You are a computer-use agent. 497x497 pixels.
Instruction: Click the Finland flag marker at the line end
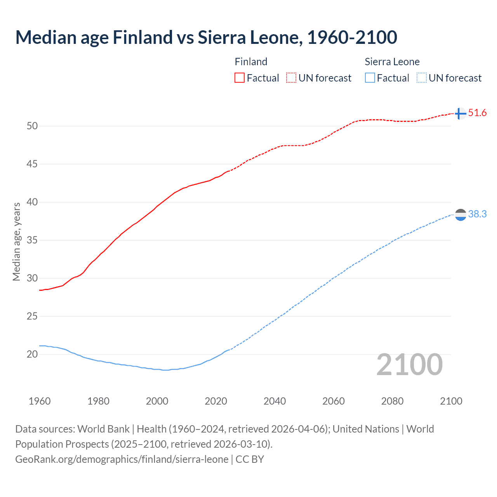(460, 113)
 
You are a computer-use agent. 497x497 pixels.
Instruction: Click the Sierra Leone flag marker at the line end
(460, 215)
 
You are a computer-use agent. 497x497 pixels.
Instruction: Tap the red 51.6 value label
(477, 113)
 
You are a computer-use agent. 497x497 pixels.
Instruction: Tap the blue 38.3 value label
(477, 214)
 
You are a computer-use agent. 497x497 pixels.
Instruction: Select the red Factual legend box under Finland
(240, 78)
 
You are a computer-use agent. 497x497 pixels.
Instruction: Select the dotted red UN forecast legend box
(291, 78)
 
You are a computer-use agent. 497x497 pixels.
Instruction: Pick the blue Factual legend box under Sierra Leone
(370, 78)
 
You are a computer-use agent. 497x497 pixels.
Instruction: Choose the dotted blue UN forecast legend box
(421, 78)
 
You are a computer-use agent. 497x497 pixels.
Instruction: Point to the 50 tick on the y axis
(32, 126)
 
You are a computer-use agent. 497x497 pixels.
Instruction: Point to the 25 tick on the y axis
(32, 316)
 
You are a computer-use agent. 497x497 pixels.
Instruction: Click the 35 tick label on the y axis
(32, 240)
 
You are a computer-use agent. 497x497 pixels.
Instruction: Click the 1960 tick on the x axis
(40, 401)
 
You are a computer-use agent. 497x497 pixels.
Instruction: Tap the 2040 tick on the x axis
(275, 401)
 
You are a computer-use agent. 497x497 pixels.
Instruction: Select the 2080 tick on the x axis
(392, 401)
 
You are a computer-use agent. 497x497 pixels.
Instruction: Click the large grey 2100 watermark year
(409, 365)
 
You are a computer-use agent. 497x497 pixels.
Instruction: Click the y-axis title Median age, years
(16, 242)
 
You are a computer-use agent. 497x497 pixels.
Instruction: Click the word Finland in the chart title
(142, 38)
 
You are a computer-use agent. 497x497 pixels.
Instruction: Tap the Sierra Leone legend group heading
(392, 62)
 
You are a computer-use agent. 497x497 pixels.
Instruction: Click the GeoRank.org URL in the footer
(122, 459)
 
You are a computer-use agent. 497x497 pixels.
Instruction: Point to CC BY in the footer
(250, 459)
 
